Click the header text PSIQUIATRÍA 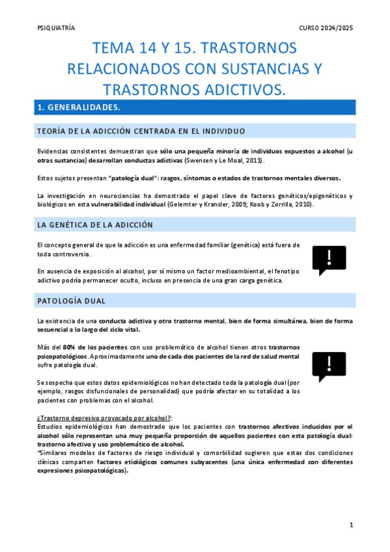(57, 28)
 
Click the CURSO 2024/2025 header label (326, 28)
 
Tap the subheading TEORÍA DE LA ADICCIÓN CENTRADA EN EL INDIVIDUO (141, 131)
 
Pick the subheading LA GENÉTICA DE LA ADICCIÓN (95, 225)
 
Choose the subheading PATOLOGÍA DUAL (72, 301)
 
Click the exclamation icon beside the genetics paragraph (329, 260)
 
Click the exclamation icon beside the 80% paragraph (329, 367)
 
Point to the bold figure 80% (71, 347)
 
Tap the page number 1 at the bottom (350, 525)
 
